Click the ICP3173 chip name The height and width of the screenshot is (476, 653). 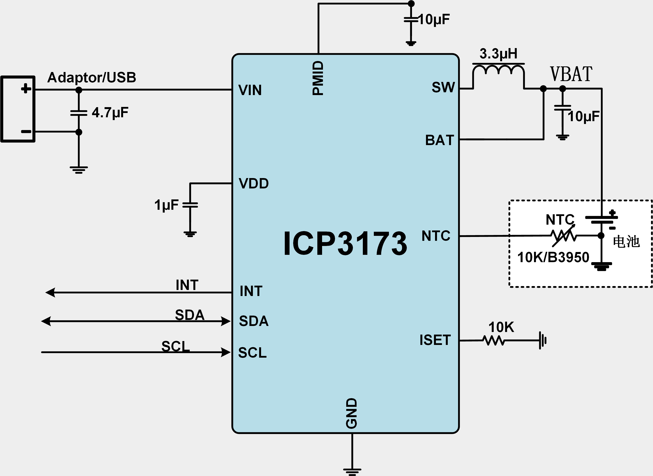click(x=345, y=243)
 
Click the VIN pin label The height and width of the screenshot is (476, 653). click(x=250, y=90)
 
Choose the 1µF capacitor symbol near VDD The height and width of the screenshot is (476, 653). click(x=190, y=205)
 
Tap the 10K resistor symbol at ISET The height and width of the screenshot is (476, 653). click(x=494, y=341)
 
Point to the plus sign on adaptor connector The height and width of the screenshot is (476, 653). click(x=26, y=88)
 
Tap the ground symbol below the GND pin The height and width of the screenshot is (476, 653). click(x=352, y=471)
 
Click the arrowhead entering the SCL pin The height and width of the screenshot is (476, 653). click(x=226, y=352)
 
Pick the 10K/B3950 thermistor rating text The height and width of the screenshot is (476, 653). click(x=553, y=257)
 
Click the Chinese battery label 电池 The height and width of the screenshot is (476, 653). click(x=626, y=241)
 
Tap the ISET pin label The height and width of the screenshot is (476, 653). click(x=435, y=340)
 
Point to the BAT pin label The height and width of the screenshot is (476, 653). click(x=439, y=140)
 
